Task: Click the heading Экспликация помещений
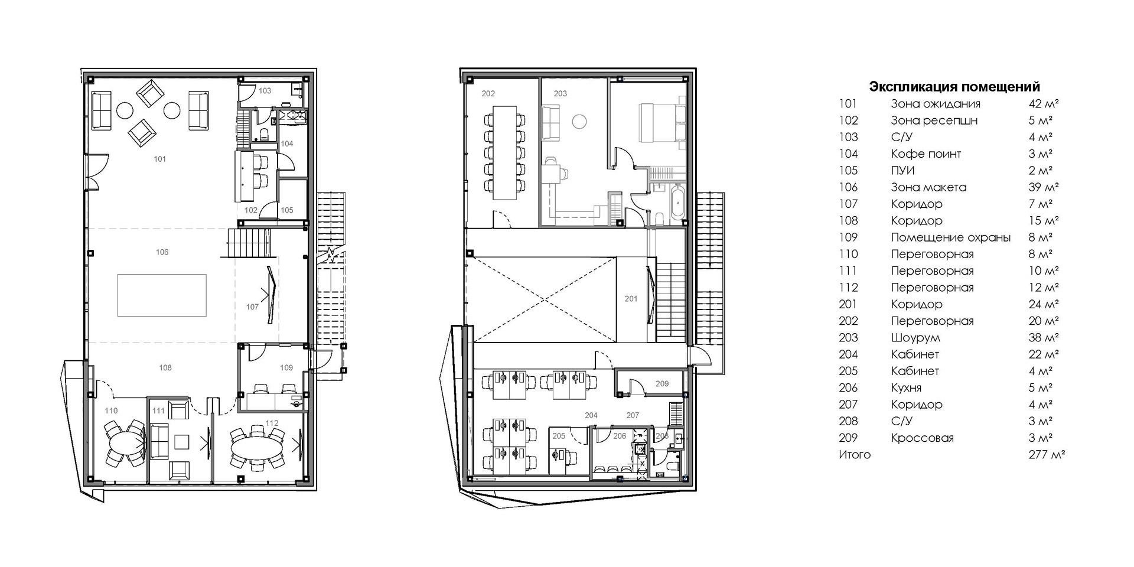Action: [x=954, y=87]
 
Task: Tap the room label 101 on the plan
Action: [x=159, y=159]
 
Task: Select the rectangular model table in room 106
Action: [x=162, y=295]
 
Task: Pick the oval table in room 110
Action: [x=125, y=444]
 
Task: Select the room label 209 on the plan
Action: [x=662, y=384]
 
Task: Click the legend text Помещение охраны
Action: [x=951, y=237]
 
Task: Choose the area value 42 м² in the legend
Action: [x=1044, y=104]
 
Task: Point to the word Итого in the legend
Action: [x=855, y=455]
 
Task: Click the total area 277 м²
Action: [x=1047, y=455]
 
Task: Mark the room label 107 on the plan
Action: [x=252, y=307]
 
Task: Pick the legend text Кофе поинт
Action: [x=926, y=154]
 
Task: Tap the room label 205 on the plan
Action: [x=559, y=436]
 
